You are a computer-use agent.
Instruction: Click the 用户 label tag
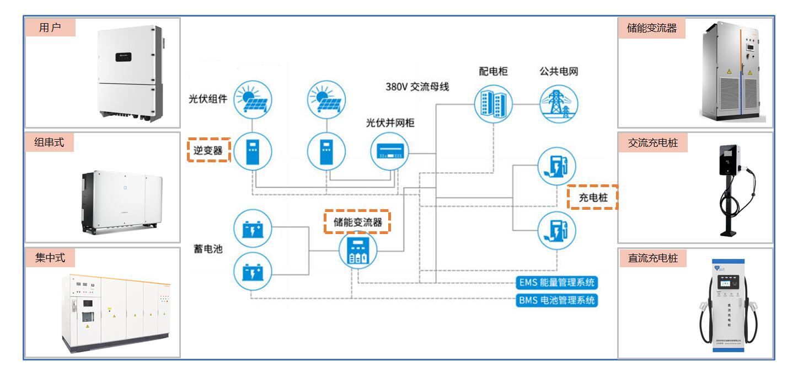[x=50, y=28]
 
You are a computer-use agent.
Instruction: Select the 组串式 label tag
[x=50, y=142]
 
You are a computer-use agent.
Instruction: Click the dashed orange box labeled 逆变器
[x=208, y=150]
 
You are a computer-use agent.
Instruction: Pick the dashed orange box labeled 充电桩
[x=592, y=197]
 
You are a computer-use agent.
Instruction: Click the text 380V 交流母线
[x=417, y=87]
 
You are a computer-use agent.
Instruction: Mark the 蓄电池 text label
[x=208, y=248]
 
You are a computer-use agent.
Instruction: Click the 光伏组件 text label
[x=208, y=99]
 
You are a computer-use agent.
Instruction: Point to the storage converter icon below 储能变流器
[x=357, y=252]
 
